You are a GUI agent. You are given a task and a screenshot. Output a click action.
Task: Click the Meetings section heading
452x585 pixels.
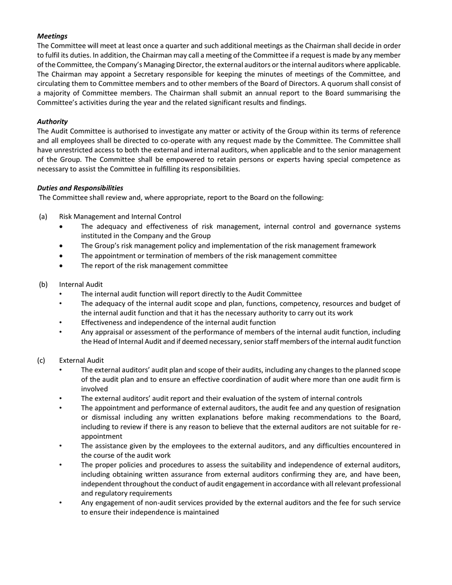click(52, 36)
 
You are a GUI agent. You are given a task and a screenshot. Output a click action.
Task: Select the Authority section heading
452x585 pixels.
click(52, 122)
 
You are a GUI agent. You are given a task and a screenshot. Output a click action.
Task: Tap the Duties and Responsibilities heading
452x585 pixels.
click(80, 188)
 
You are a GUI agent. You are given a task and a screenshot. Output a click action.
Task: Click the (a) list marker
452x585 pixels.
click(43, 217)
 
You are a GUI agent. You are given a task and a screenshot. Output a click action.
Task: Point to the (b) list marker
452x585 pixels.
click(43, 284)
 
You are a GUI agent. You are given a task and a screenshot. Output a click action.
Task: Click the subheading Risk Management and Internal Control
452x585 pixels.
click(120, 217)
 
